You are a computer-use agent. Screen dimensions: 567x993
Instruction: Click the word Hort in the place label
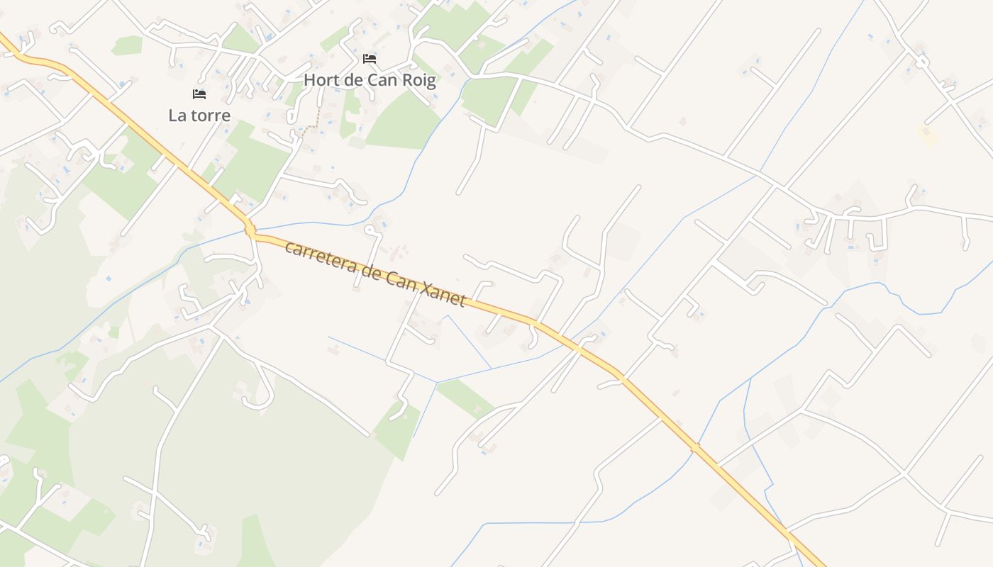pyautogui.click(x=321, y=80)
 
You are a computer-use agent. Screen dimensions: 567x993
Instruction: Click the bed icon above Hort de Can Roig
pyautogui.click(x=370, y=58)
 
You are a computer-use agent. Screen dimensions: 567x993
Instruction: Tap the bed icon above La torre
pyautogui.click(x=199, y=94)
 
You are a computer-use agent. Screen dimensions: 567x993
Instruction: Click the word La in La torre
pyautogui.click(x=177, y=115)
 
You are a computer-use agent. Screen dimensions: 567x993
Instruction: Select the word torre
pyautogui.click(x=209, y=115)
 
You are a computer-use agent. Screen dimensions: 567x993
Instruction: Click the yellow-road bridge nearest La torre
pyautogui.click(x=250, y=230)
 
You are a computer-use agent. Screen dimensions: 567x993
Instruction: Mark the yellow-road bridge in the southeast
pyautogui.click(x=696, y=447)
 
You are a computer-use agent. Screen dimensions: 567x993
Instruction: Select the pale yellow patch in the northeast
pyautogui.click(x=926, y=133)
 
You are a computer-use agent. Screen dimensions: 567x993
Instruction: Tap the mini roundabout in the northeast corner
pyautogui.click(x=921, y=62)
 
